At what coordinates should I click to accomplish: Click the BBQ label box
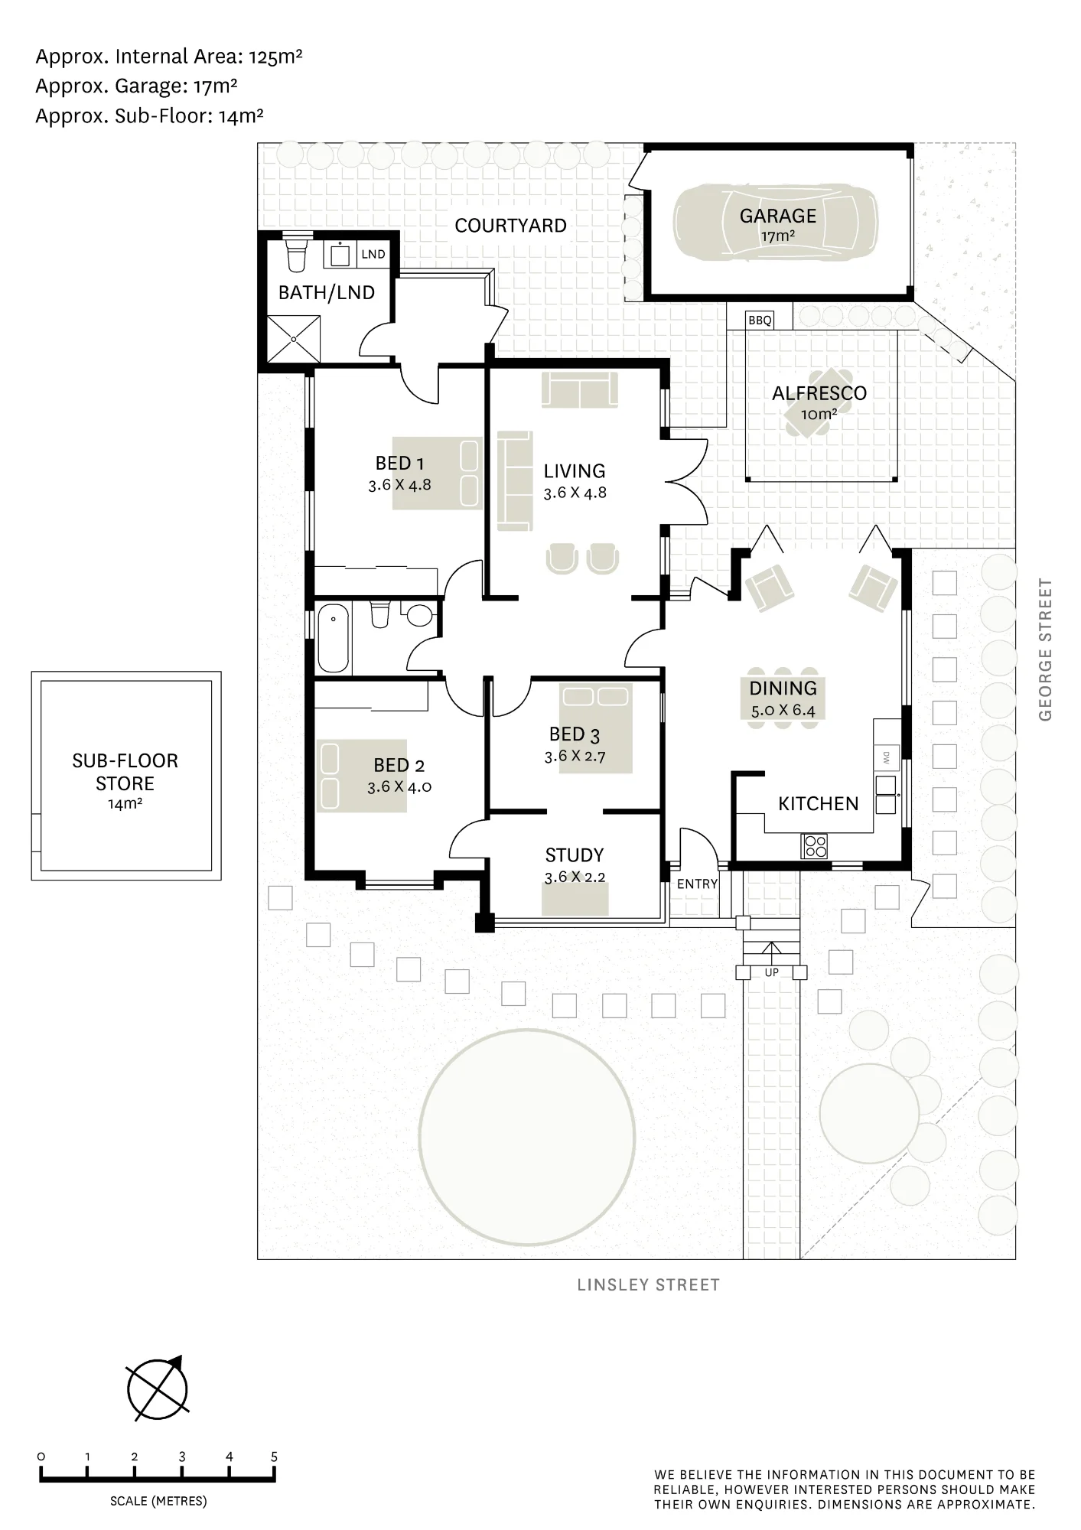coord(760,320)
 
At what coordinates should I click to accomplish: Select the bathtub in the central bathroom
coord(333,638)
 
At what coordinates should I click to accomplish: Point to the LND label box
coord(373,254)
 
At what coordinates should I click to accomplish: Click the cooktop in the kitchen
coord(814,845)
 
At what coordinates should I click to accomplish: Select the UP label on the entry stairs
coord(771,972)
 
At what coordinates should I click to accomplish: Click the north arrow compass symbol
coord(158,1389)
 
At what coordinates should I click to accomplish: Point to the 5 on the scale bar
coord(274,1457)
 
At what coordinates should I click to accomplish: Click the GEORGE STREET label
coord(1046,649)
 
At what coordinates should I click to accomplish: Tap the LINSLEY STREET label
coord(649,1285)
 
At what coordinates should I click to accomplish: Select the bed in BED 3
coord(596,728)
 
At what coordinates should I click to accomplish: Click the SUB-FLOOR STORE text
coord(125,772)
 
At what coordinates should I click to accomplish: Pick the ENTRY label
coord(697,884)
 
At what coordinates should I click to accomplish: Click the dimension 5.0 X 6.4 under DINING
coord(783,711)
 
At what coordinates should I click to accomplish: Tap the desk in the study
coord(575,899)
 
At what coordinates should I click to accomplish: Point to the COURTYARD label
coord(510,226)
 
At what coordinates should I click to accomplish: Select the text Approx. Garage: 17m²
coord(136,86)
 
